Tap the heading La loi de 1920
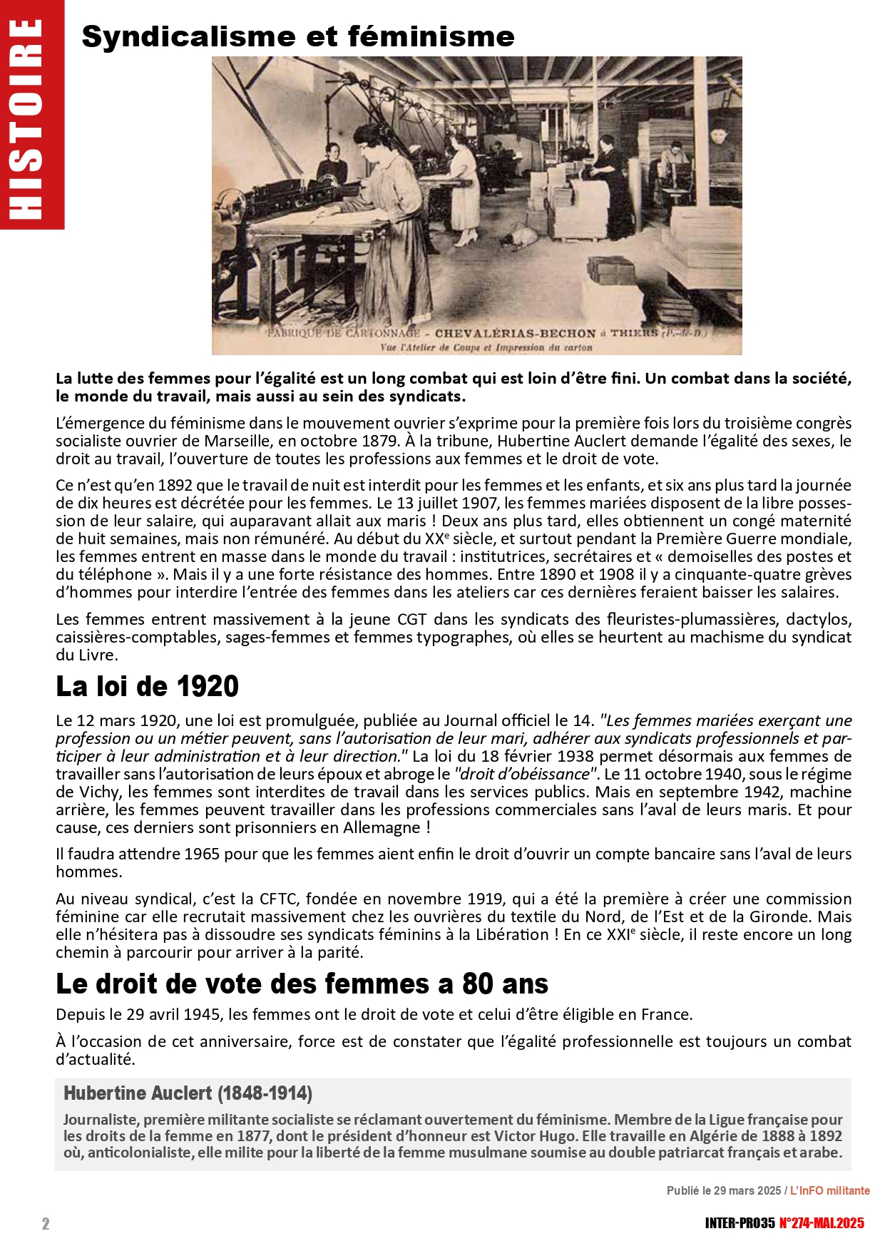click(147, 686)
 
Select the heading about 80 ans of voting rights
click(302, 984)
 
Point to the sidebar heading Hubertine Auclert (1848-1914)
click(188, 1093)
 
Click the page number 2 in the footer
click(46, 1224)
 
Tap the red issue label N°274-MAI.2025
click(821, 1223)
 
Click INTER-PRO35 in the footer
click(740, 1223)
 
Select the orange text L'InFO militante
click(829, 1190)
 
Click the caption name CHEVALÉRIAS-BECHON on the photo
click(515, 333)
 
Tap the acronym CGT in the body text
click(411, 619)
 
